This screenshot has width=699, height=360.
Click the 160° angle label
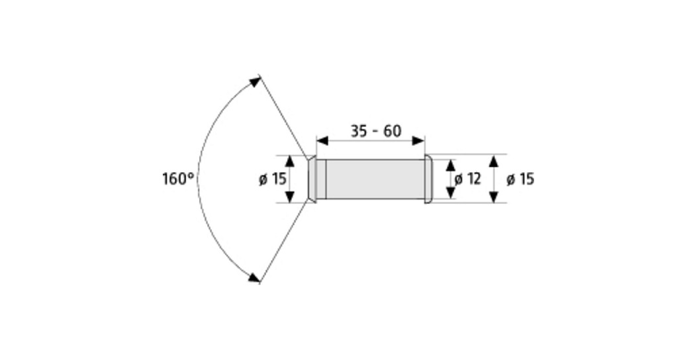pos(178,179)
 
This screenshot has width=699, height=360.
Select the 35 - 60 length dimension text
pos(376,131)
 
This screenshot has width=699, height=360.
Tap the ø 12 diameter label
pos(467,179)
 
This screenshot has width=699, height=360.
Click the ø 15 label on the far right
pos(520,179)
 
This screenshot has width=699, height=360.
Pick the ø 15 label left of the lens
pos(272,179)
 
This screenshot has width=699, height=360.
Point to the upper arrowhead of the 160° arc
pos(255,82)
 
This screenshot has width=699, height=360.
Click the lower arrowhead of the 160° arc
pos(254,277)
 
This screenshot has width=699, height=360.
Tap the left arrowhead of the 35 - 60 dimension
pos(322,141)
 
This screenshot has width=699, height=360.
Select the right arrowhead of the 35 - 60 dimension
pos(418,141)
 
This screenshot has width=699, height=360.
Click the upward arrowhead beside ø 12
pos(451,165)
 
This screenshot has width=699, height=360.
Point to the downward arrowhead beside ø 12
pos(451,193)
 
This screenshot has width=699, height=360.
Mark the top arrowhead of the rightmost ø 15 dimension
pos(494,161)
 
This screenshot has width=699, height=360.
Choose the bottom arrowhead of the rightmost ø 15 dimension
pos(494,197)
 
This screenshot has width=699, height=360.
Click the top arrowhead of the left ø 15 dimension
pos(290,161)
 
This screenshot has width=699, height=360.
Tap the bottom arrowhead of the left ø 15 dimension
pos(290,196)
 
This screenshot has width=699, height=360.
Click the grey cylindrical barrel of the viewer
pos(375,179)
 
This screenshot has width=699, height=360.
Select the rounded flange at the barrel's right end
pos(428,179)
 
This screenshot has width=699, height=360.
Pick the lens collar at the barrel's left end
pos(317,179)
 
